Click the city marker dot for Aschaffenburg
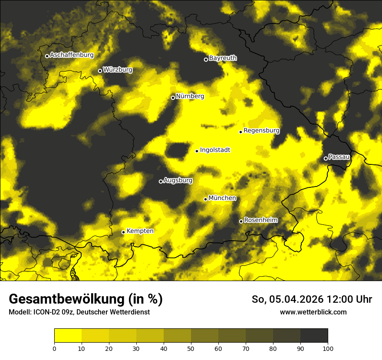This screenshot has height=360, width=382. tap(47, 56)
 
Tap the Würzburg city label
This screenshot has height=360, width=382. tap(118, 69)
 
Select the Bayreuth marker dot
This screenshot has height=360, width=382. tap(206, 59)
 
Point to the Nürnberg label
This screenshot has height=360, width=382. tap(190, 96)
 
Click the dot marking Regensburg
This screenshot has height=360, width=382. tap(240, 132)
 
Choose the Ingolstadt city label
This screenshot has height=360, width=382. tap(215, 150)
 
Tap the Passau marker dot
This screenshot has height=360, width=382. tap(326, 158)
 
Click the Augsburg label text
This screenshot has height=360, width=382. tap(178, 180)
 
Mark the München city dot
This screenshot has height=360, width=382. tap(206, 199)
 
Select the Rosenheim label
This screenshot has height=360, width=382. tap(260, 220)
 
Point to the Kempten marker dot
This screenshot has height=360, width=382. tap(123, 232)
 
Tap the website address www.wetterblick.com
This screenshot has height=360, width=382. tap(313, 312)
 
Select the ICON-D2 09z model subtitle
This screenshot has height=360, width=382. tap(52, 312)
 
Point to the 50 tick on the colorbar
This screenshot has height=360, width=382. tap(191, 348)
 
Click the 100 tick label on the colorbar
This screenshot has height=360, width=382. tap(328, 348)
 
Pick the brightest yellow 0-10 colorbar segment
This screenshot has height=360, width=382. tap(68, 336)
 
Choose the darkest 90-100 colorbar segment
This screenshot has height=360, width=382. tap(314, 336)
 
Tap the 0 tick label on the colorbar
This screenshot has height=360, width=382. tap(54, 348)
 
